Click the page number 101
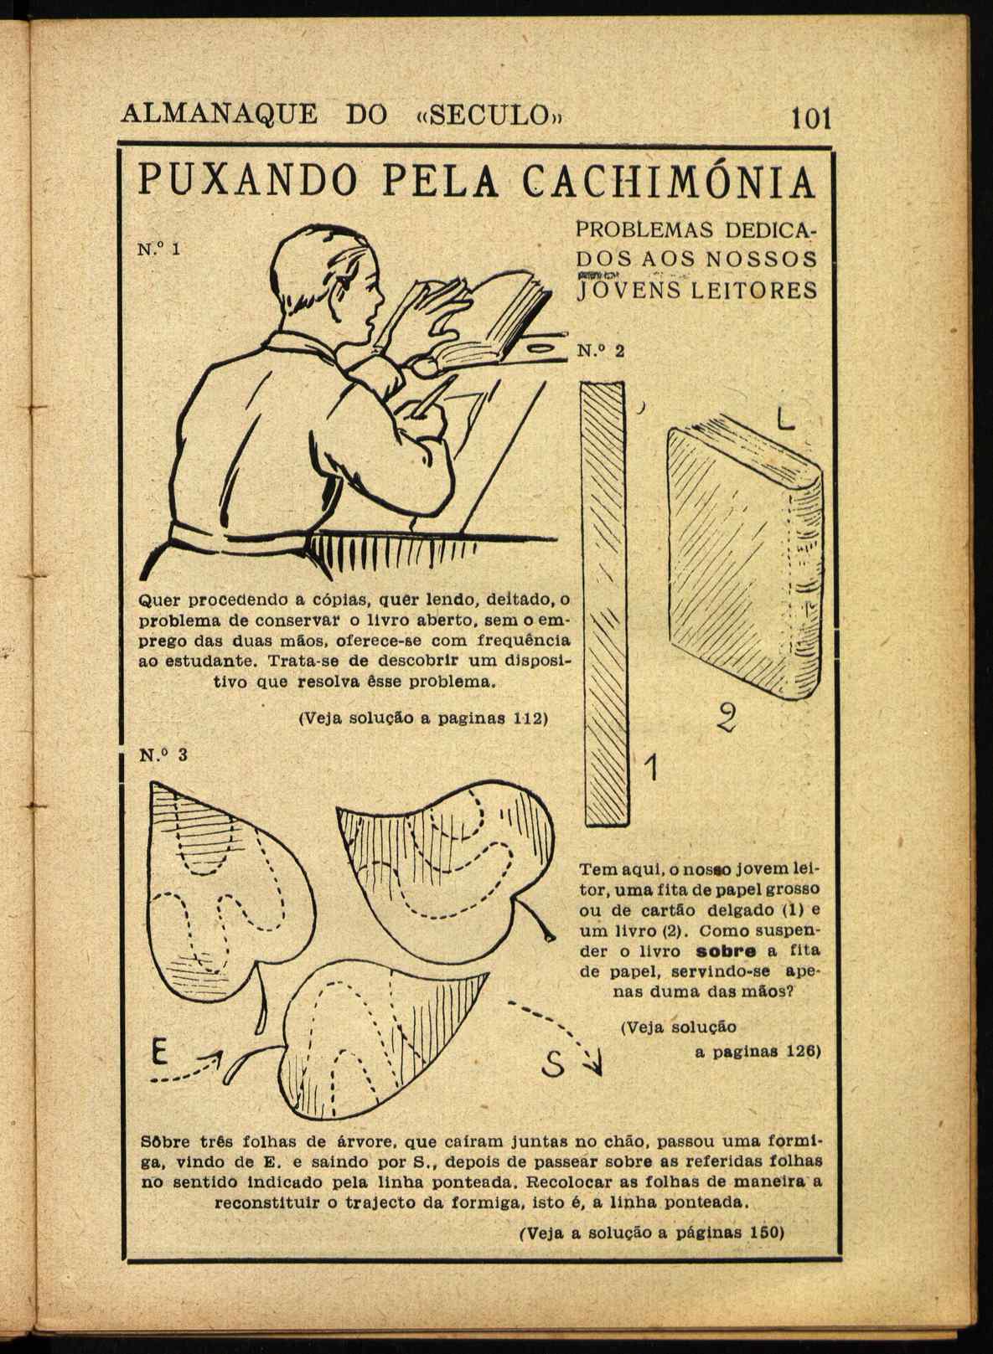pos(809,118)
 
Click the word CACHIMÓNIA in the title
pos(668,182)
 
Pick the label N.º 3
pos(163,754)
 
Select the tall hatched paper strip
pos(603,603)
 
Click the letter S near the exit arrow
pos(551,1064)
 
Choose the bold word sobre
pos(727,951)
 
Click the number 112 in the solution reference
pos(529,718)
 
